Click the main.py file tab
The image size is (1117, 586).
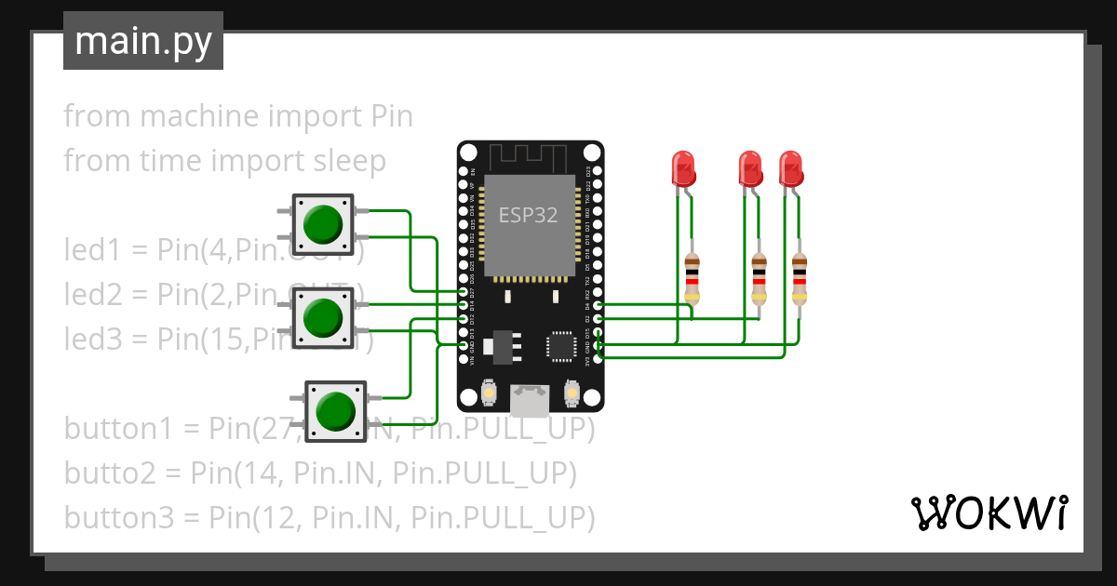[142, 41]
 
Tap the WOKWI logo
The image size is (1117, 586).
[988, 513]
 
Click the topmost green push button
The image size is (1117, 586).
[323, 224]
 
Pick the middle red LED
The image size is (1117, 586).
[750, 168]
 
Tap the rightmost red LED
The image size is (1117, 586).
[791, 168]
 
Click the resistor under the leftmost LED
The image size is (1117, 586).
[692, 278]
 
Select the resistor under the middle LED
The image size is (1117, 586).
[760, 278]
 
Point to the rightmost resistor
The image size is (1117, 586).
[800, 278]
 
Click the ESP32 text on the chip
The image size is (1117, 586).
[528, 216]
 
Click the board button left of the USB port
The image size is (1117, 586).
[488, 395]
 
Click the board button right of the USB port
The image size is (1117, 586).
[572, 395]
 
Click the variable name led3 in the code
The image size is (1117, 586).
[92, 339]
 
